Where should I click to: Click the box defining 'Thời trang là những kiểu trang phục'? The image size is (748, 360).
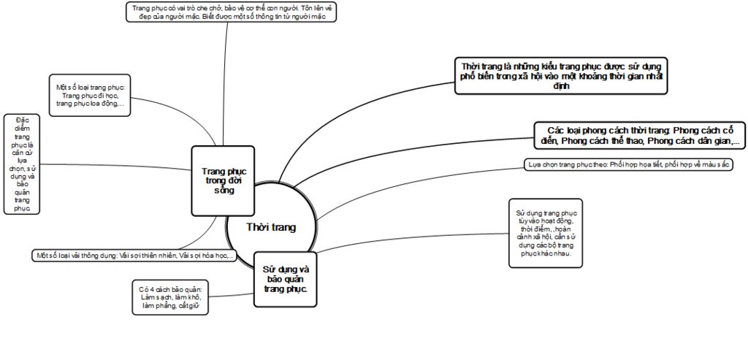pyautogui.click(x=561, y=75)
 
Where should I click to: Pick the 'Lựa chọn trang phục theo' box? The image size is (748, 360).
pyautogui.click(x=628, y=165)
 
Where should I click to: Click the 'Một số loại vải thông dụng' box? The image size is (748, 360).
pyautogui.click(x=134, y=256)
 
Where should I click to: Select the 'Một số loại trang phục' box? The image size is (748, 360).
pyautogui.click(x=90, y=96)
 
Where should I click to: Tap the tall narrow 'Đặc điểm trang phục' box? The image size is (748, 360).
pyautogui.click(x=22, y=164)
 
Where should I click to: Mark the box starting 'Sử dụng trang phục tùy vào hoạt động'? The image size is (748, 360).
pyautogui.click(x=545, y=233)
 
